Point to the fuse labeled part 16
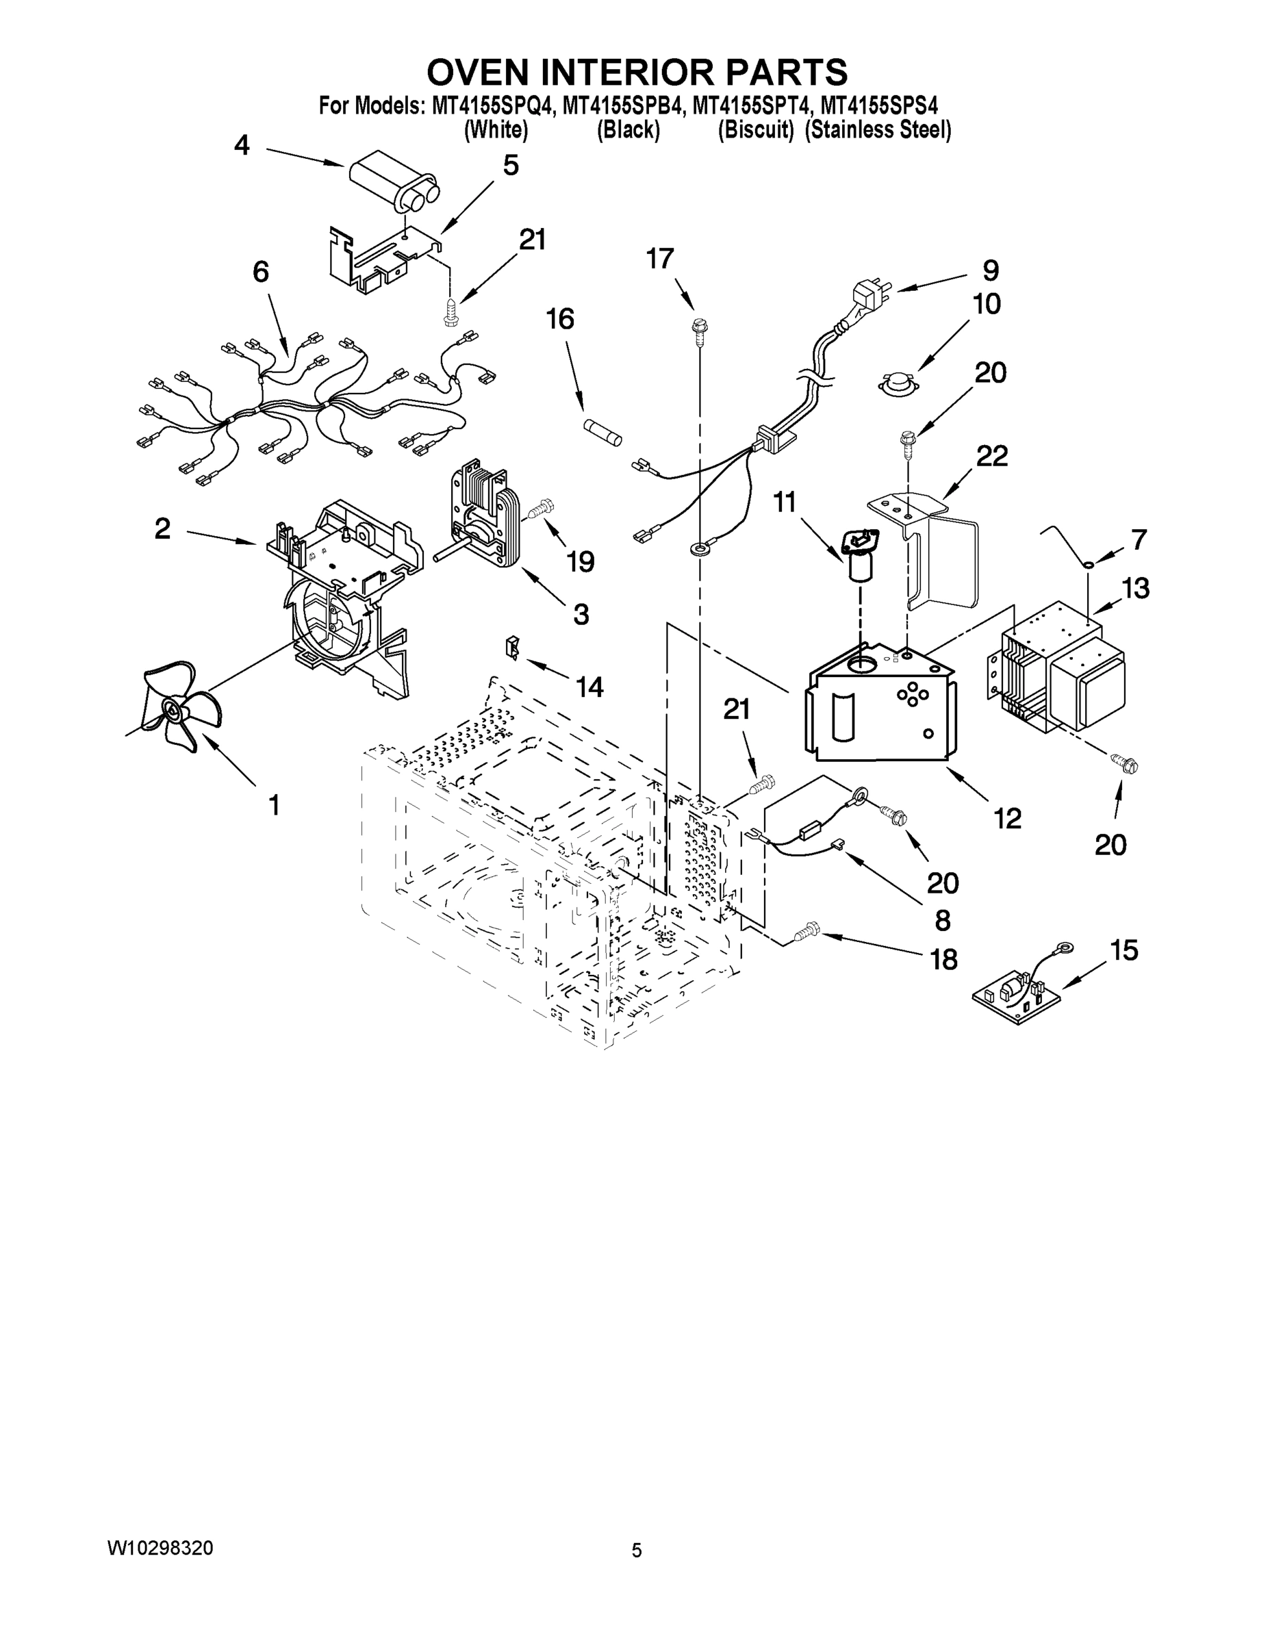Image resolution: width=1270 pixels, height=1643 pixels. click(603, 433)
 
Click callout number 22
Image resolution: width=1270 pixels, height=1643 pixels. click(991, 456)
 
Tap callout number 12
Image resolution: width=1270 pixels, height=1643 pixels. click(1007, 818)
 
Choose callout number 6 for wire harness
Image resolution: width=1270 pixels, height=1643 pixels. click(260, 272)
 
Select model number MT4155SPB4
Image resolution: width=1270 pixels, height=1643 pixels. click(624, 106)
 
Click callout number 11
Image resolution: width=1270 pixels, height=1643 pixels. click(785, 501)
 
